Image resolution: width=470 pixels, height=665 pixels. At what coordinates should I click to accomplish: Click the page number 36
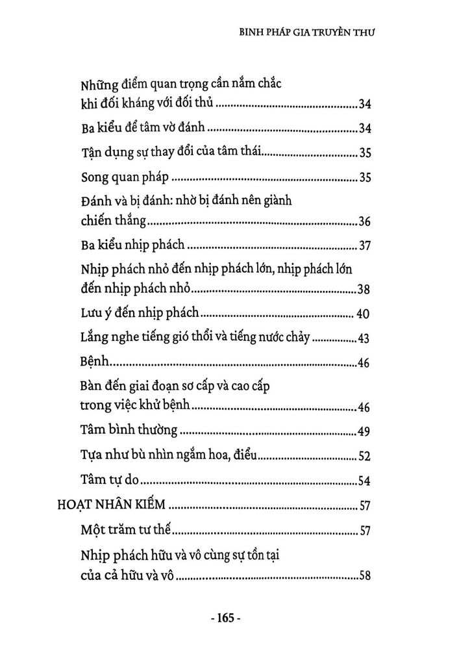(364, 223)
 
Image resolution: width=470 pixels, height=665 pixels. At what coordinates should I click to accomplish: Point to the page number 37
(364, 247)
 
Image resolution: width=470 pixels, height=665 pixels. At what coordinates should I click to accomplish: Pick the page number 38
(364, 290)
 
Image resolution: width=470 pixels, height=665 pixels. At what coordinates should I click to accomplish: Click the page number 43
(364, 339)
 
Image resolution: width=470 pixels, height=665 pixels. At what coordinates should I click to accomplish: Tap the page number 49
(364, 432)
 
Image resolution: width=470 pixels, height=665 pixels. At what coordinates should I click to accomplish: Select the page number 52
(364, 457)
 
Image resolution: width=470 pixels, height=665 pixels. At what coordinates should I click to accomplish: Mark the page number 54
(364, 482)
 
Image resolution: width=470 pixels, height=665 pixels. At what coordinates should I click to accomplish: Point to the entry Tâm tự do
(111, 481)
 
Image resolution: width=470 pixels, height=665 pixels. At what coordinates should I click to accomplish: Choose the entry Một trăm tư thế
(127, 531)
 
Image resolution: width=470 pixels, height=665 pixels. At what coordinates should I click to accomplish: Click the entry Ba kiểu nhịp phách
(134, 246)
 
